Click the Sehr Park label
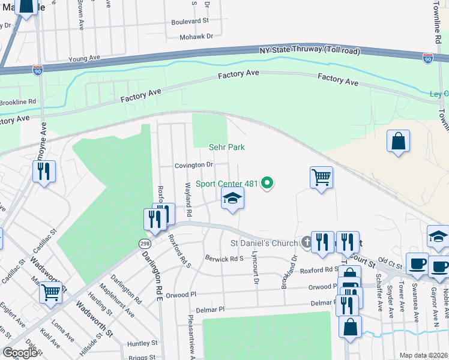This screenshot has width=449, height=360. coord(226,147)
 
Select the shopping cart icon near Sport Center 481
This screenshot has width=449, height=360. coord(322,177)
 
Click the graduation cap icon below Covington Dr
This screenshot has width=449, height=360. coord(232,199)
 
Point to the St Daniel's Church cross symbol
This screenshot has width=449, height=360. coord(306,243)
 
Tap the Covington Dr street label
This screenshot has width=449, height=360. coord(194,165)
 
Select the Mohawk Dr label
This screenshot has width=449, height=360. coord(197,37)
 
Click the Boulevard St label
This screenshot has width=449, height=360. coord(189,20)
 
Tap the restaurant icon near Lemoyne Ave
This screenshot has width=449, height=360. coord(44,170)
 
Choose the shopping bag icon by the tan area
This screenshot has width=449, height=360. coord(398,141)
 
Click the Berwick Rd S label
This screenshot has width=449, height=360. coord(223,259)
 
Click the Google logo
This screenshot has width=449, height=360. coord(20,353)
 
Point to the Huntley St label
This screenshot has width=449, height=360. coord(142,344)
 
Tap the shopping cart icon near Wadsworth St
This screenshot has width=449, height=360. coord(51,292)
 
